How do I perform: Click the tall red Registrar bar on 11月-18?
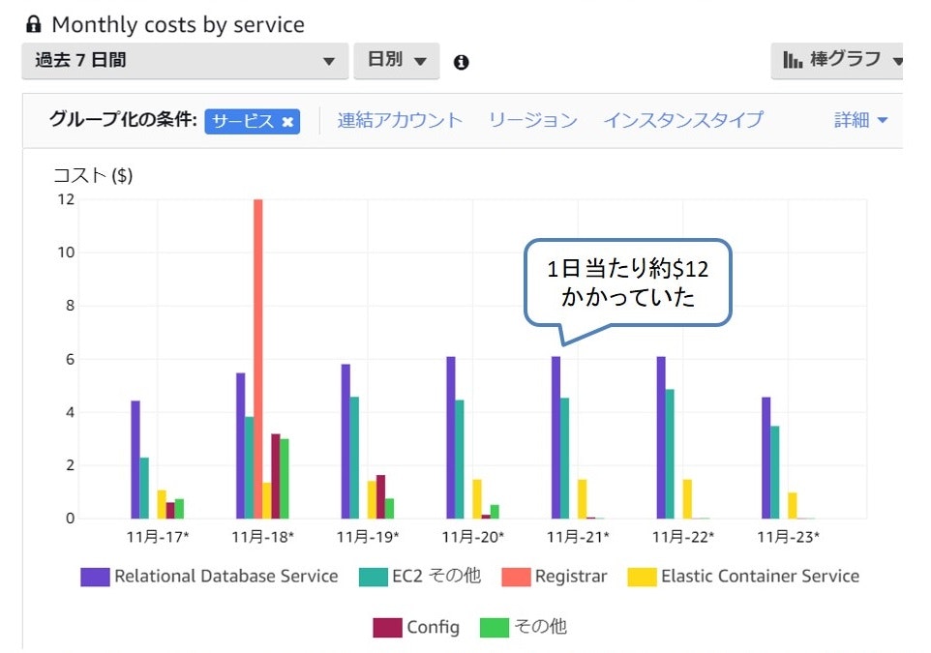258,358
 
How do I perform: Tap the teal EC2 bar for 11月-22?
670,454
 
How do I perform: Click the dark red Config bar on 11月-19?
380,496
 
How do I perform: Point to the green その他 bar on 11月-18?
285,479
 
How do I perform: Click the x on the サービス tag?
287,122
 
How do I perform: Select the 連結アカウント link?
400,121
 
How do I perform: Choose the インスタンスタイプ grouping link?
682,121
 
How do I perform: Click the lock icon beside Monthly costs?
34,24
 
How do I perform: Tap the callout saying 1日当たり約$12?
628,282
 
